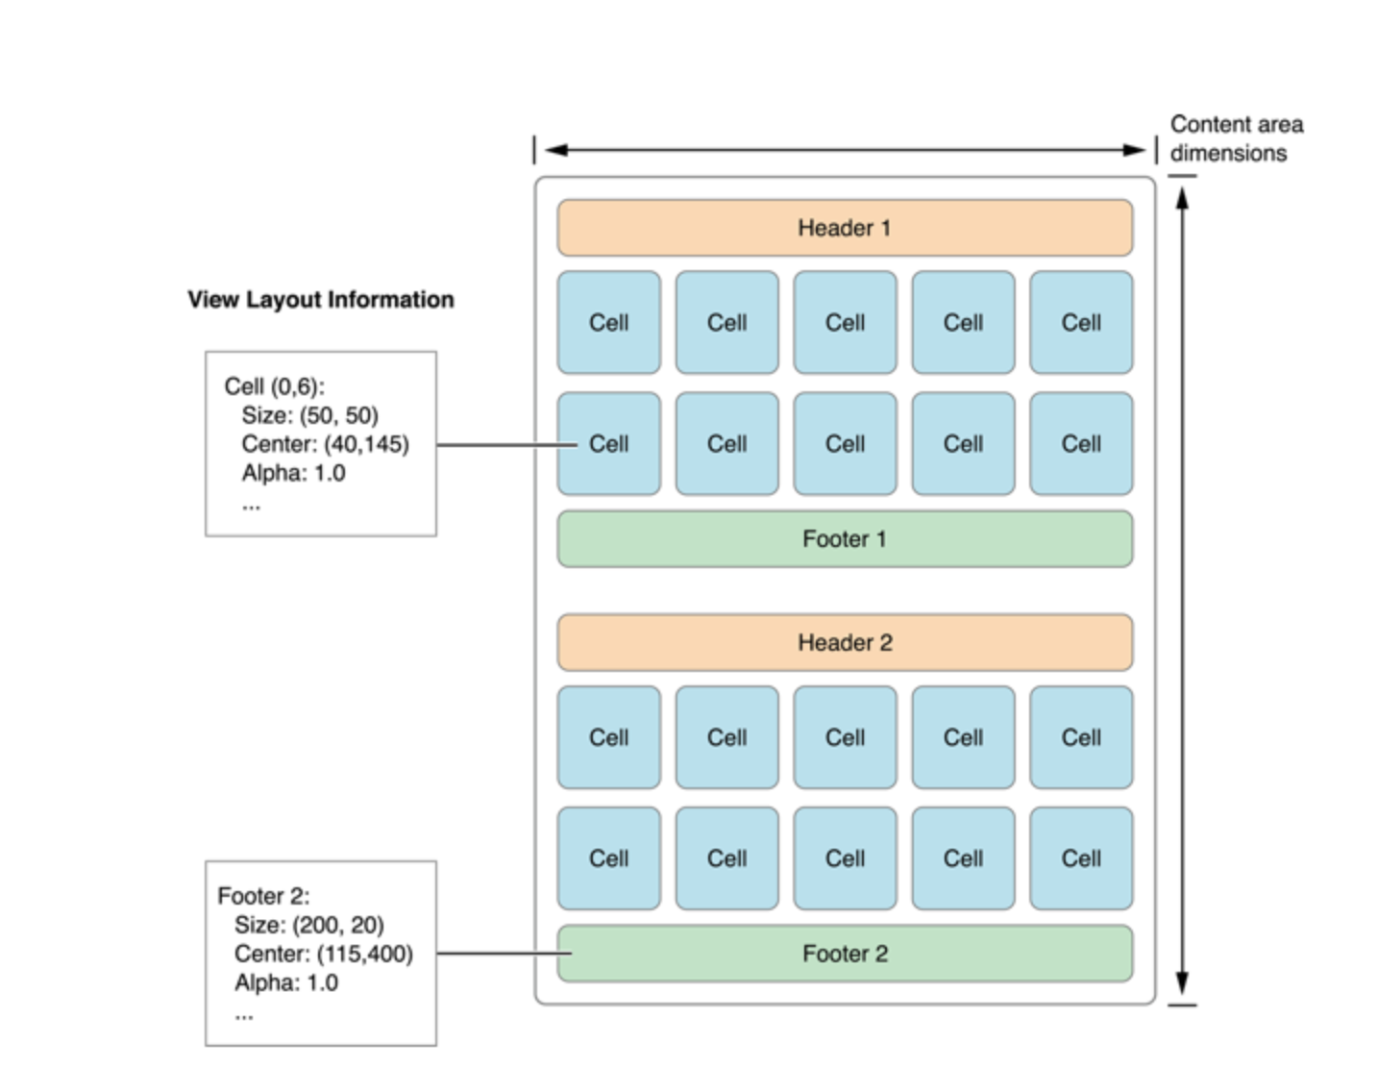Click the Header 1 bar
point(844,228)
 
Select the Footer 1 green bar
point(844,539)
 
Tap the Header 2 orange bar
point(844,642)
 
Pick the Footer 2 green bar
point(844,954)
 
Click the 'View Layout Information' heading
point(320,300)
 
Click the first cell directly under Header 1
point(608,322)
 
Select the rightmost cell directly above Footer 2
point(1080,858)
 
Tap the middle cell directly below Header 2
point(845,737)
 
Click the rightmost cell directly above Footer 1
point(1080,444)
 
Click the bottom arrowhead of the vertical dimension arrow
point(1182,984)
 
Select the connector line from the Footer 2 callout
point(500,954)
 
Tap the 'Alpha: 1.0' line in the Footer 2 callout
point(286,982)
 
